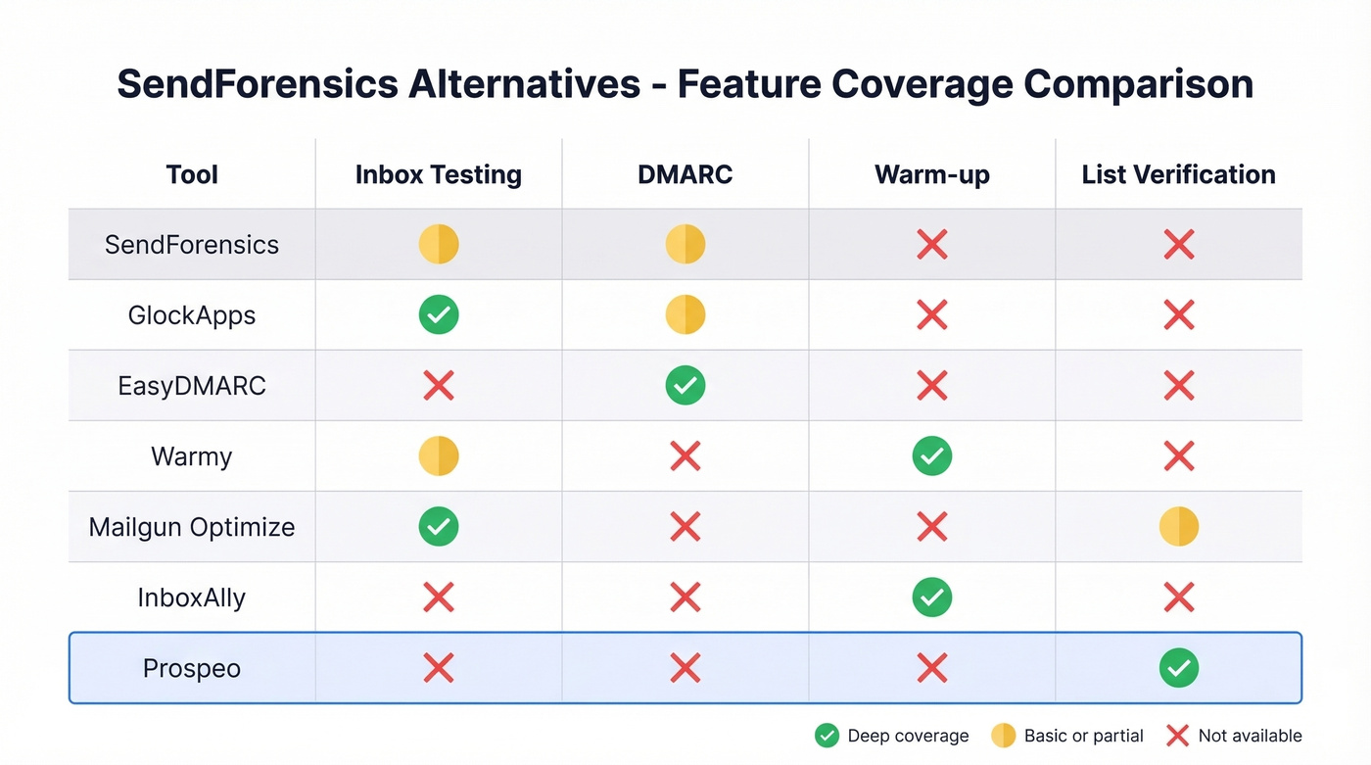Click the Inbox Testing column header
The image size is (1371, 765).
point(438,174)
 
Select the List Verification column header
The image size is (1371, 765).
point(1178,174)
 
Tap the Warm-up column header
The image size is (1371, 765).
point(931,174)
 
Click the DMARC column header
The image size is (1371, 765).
point(685,174)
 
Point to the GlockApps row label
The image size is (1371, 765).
point(192,315)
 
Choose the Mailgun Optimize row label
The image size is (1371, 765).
point(192,527)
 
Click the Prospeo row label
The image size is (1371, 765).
point(192,668)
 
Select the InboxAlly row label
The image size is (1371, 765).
point(192,598)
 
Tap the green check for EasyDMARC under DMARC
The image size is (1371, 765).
point(685,386)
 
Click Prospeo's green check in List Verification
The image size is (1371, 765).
point(1178,668)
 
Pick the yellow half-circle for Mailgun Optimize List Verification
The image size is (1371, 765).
point(1178,527)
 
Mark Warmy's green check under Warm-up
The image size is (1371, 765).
point(931,456)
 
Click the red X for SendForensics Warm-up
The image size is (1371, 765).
point(931,245)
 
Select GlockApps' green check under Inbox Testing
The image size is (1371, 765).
point(438,315)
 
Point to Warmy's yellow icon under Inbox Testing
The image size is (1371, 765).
point(438,456)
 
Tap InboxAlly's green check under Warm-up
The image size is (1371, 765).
point(931,598)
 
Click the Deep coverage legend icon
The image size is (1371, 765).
point(827,736)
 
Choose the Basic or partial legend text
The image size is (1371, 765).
point(1083,736)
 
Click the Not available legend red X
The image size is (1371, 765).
point(1178,736)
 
